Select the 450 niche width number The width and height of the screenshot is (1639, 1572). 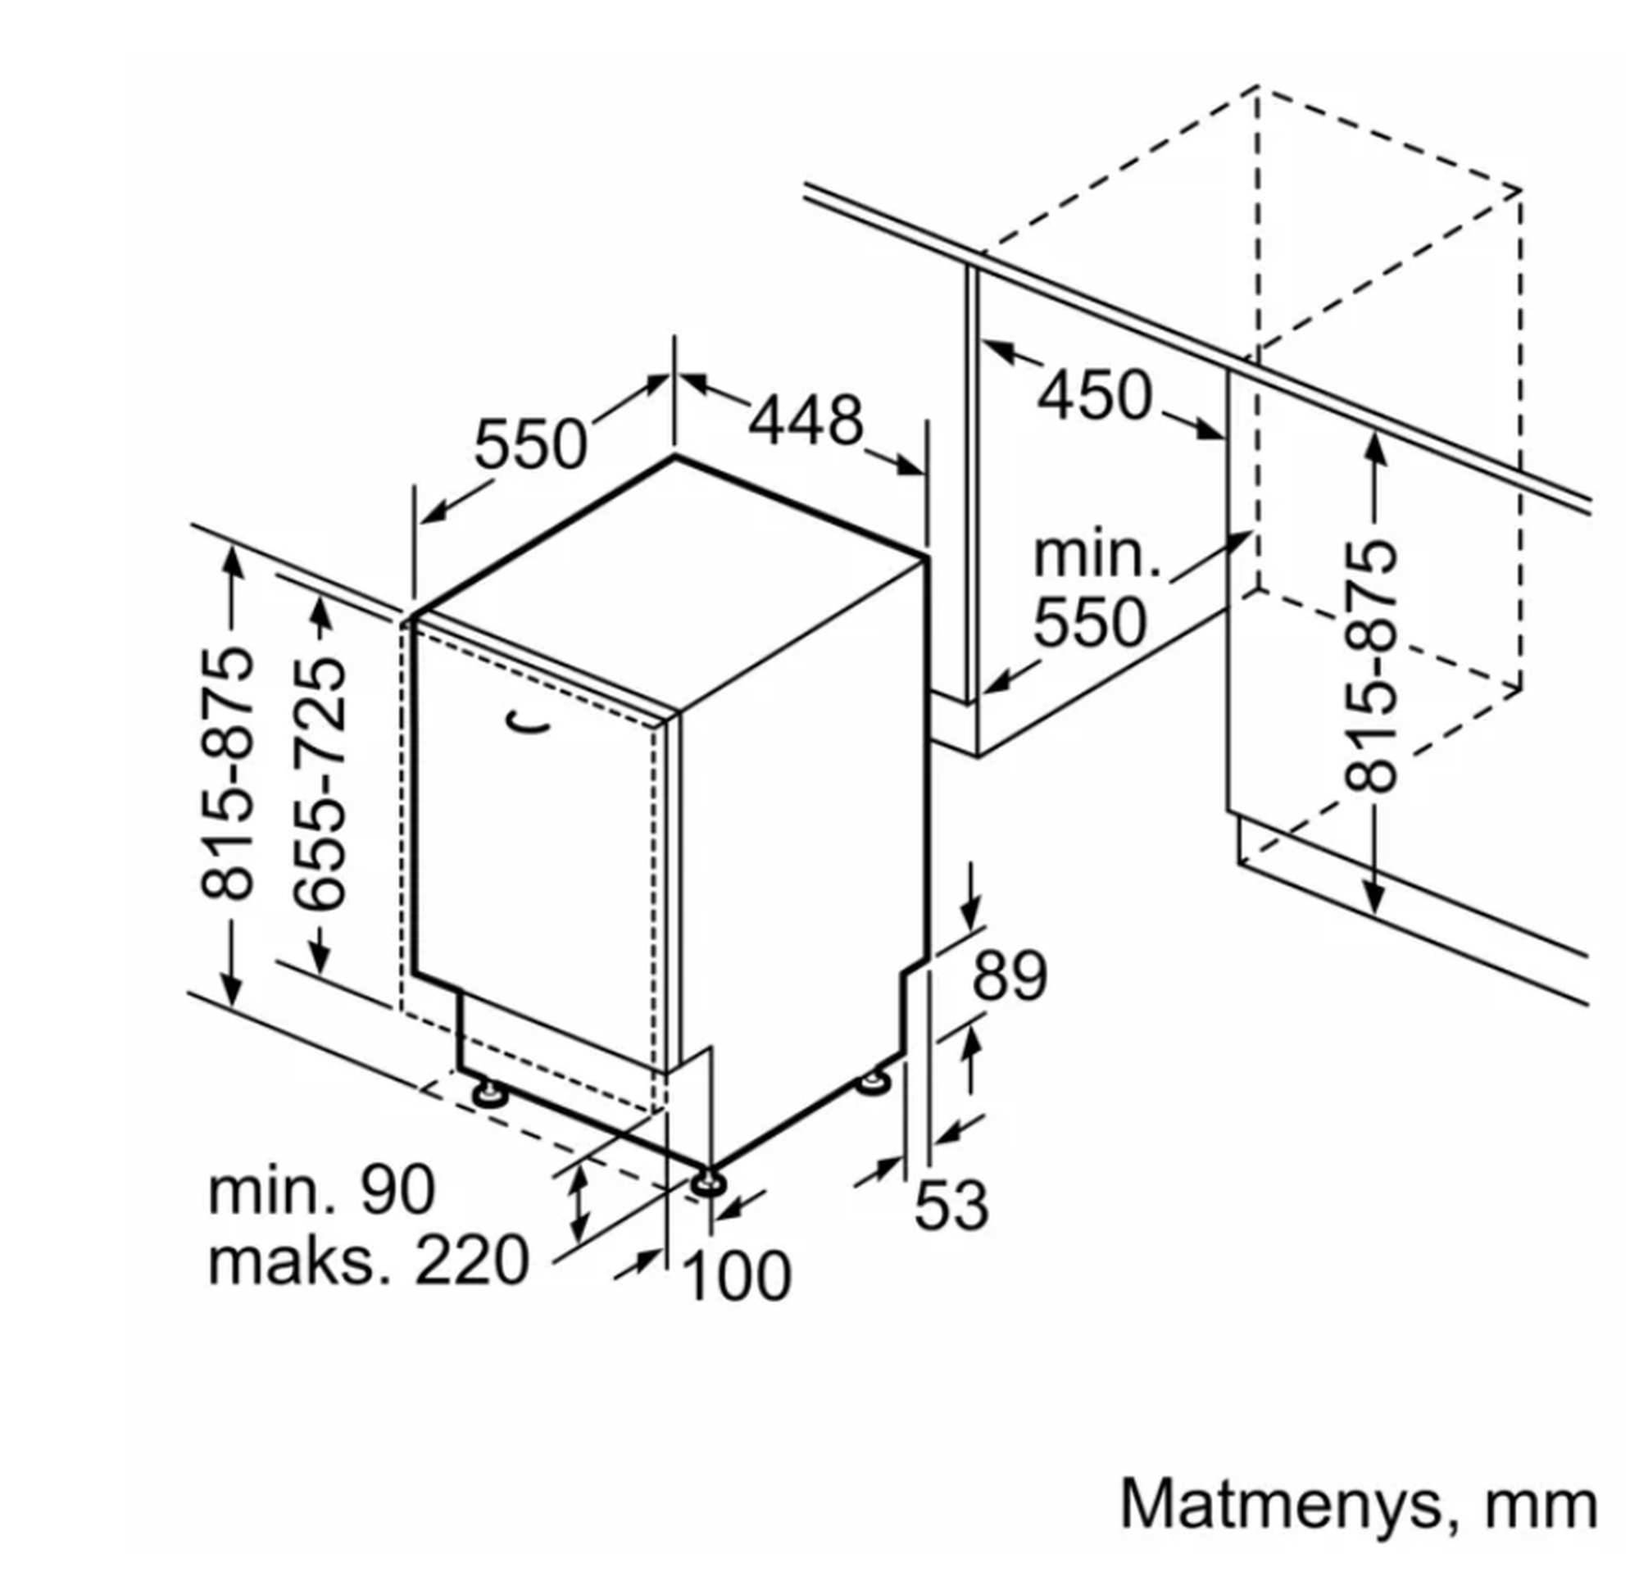click(x=1094, y=395)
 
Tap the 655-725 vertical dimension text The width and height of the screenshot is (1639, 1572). click(x=320, y=784)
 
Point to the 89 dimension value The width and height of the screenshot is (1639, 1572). click(x=1009, y=976)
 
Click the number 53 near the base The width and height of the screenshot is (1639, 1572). click(x=951, y=1205)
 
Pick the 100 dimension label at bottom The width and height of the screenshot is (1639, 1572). click(x=736, y=1275)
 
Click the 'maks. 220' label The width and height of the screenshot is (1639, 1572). click(x=368, y=1261)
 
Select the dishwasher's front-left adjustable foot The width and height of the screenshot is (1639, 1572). click(x=487, y=1093)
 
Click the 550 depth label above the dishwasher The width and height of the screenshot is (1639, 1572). click(x=530, y=444)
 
